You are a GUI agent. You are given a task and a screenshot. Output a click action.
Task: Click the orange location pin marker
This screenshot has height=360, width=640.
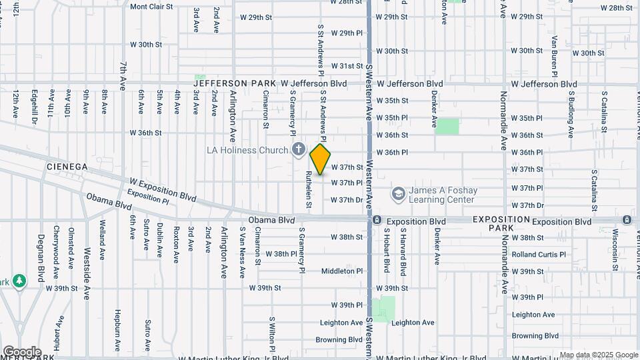tap(321, 159)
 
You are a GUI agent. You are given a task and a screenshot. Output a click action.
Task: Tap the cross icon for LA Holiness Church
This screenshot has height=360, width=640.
tap(298, 149)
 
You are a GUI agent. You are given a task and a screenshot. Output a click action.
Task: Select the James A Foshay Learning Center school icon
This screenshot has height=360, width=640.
tap(398, 193)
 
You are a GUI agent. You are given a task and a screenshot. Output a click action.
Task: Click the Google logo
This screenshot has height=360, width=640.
tap(21, 351)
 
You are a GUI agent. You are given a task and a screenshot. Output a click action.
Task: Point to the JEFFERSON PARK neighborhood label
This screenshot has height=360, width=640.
tap(235, 83)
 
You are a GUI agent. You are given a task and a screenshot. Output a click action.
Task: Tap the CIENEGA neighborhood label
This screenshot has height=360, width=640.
tap(67, 166)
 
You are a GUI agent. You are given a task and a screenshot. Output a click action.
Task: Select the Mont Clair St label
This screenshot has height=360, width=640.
tap(151, 7)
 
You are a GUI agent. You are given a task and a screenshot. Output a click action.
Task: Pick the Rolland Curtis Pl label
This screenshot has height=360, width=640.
tap(539, 254)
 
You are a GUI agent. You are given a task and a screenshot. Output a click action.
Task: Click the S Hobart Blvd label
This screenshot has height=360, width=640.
tap(386, 251)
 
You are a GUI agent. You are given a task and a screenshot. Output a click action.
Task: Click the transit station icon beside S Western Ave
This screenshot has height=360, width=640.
tap(377, 220)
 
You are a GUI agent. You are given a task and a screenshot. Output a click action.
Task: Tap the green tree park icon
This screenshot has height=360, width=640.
tap(20, 281)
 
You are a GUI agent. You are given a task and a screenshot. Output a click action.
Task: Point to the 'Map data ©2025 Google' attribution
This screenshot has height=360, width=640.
tap(599, 355)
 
